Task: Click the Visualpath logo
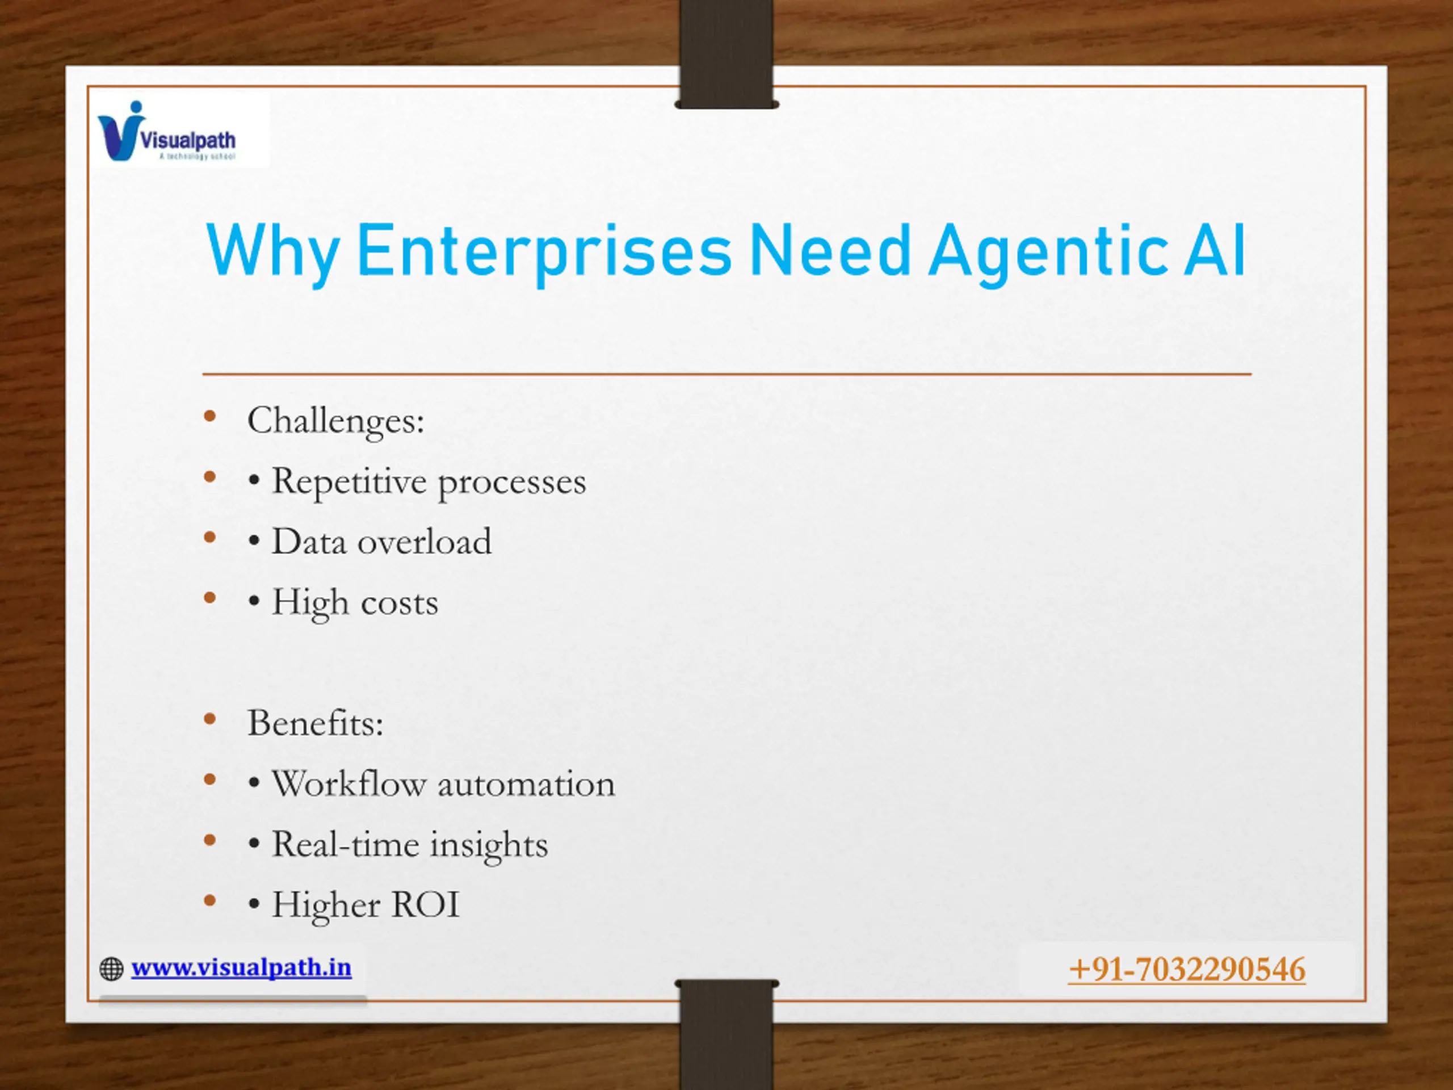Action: click(x=167, y=131)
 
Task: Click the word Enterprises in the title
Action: click(x=544, y=253)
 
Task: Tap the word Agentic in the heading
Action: click(x=1048, y=253)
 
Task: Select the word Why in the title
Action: click(x=273, y=253)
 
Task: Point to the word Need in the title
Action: click(x=830, y=250)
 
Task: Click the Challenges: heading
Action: click(x=335, y=421)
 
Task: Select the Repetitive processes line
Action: click(x=417, y=482)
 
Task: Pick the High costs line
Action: click(x=343, y=603)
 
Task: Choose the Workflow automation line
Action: click(x=431, y=784)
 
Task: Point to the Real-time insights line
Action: click(x=397, y=845)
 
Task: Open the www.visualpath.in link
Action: click(x=241, y=967)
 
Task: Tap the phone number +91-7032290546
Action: click(x=1187, y=970)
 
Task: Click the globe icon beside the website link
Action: click(x=112, y=969)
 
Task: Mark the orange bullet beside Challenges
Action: click(x=210, y=417)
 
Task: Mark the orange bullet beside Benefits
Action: click(x=210, y=719)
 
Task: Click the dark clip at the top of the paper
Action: click(x=726, y=54)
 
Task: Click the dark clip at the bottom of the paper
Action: click(x=726, y=1034)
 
